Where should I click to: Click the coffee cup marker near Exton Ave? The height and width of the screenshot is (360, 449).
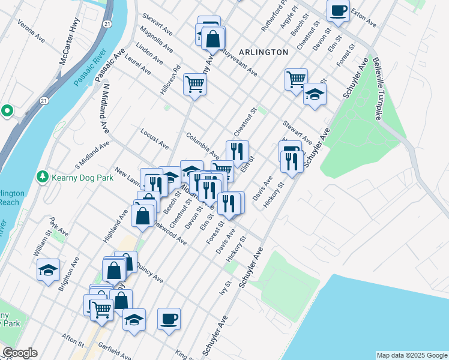338,10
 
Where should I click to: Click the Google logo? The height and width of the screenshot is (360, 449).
19,353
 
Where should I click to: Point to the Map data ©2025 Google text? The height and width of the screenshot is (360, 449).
411,355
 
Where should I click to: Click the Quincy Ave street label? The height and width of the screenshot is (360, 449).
148,273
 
